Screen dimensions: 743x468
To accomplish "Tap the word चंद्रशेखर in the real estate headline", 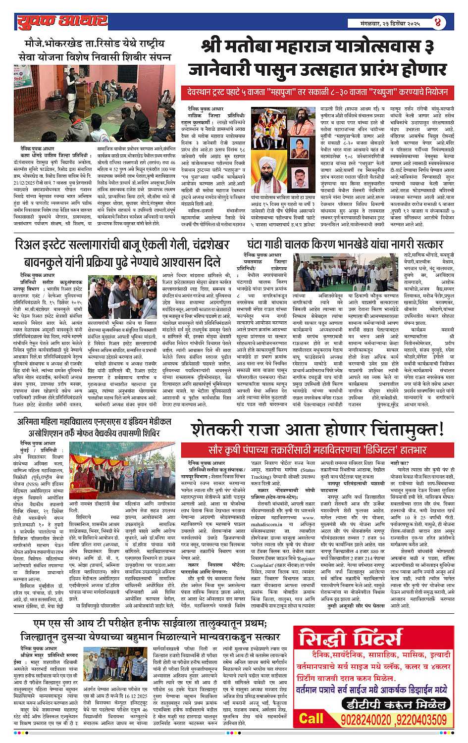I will coord(204,245).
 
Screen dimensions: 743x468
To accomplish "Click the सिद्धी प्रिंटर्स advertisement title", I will coord(374,643).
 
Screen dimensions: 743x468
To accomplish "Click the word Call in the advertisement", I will coord(311,718).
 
